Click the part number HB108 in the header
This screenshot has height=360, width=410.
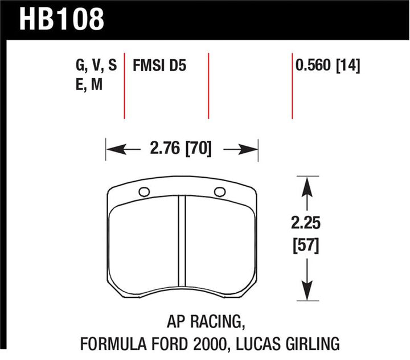[x=63, y=18]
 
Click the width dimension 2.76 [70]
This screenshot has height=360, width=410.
[x=182, y=150]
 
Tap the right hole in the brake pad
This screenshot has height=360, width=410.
[x=219, y=191]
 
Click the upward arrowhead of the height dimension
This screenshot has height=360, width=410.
[x=306, y=185]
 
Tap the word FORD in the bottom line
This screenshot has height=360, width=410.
[x=188, y=343]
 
